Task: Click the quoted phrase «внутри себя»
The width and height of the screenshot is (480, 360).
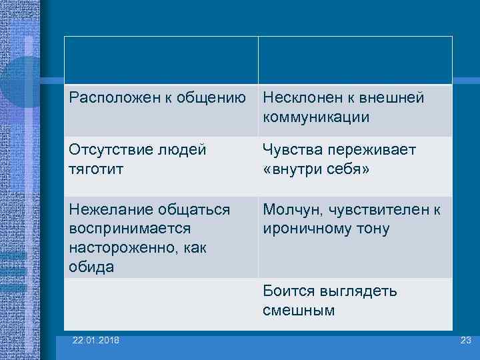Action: pos(316,169)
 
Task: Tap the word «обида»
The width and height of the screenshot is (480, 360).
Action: pos(91,267)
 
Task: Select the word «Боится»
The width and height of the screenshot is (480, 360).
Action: pos(287,291)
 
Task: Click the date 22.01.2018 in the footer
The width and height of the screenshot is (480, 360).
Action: pos(97,341)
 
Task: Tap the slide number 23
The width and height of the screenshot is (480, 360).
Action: pos(465,341)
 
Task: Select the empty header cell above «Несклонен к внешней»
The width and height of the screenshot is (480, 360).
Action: pos(355,60)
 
